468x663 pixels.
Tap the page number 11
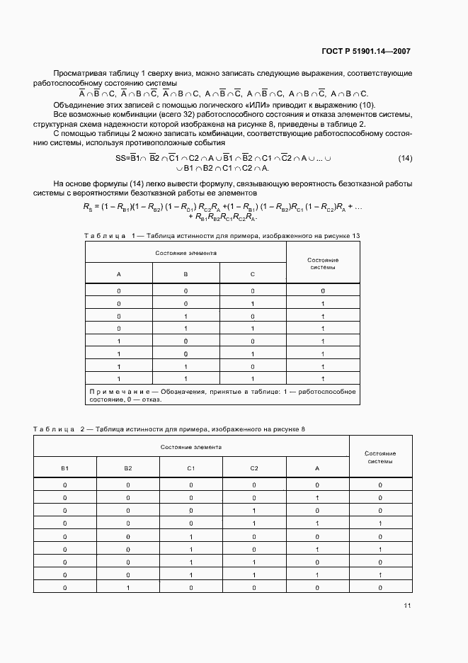click(x=406, y=606)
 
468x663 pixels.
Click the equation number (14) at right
click(x=405, y=158)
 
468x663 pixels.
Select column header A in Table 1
click(x=118, y=273)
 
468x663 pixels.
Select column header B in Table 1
click(x=186, y=273)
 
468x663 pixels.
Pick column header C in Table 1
click(x=253, y=273)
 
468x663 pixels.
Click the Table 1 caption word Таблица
click(x=104, y=234)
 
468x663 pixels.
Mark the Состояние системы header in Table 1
click(x=323, y=263)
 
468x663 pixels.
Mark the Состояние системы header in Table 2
click(x=379, y=457)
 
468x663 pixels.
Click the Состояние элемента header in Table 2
click(x=190, y=447)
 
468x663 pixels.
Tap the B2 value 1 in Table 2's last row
click(x=127, y=587)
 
